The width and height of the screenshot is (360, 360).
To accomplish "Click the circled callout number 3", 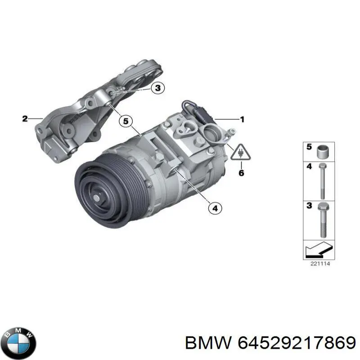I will click(x=157, y=88).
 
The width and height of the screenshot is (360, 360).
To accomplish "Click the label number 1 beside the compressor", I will click(x=242, y=119).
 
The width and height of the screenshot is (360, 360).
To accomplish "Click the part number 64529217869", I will click(x=301, y=343).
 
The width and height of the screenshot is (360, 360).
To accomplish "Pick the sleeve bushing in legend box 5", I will click(x=323, y=152).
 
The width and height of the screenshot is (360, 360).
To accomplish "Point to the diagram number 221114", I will click(x=320, y=264).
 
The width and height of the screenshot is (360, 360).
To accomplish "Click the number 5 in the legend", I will click(x=309, y=147).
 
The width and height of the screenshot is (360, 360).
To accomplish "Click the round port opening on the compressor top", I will click(x=211, y=133).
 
